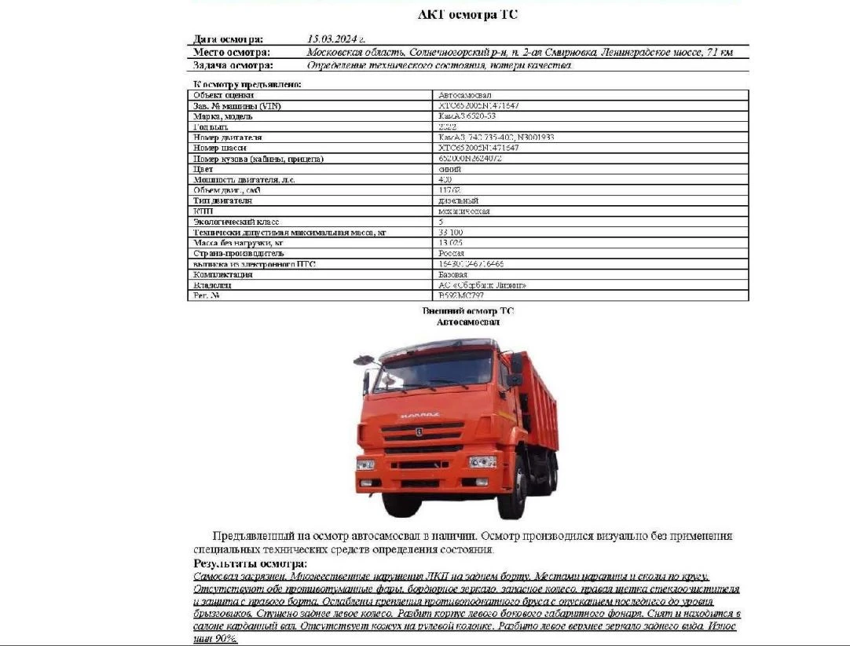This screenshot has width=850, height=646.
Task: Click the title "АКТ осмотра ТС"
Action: pyautogui.click(x=468, y=14)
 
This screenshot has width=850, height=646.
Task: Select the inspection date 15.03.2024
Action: pyautogui.click(x=336, y=39)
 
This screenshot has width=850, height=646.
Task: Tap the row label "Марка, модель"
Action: pyautogui.click(x=222, y=116)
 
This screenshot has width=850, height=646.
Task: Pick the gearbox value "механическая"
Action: pyautogui.click(x=464, y=211)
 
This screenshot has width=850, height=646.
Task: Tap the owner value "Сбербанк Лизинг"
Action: pyautogui.click(x=482, y=285)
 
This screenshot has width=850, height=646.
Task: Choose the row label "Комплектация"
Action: pyautogui.click(x=223, y=275)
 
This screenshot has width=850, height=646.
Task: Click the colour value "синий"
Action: pyautogui.click(x=449, y=169)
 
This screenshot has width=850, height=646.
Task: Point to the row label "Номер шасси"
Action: pyautogui.click(x=220, y=148)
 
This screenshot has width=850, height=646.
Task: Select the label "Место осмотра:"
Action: pyautogui.click(x=232, y=52)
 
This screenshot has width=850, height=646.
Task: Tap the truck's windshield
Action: pyautogui.click(x=434, y=370)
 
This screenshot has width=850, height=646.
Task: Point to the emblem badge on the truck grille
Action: pyautogui.click(x=419, y=431)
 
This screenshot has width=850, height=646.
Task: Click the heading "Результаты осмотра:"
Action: pyautogui.click(x=250, y=564)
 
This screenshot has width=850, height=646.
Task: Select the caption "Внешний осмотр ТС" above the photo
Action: pyautogui.click(x=468, y=311)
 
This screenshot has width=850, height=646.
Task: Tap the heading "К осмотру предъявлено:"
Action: pyautogui.click(x=247, y=84)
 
